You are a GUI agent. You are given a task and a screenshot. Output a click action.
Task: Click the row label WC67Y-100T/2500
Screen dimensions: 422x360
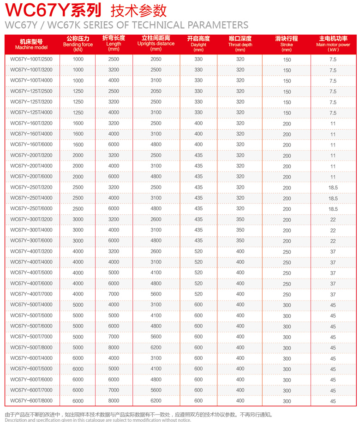coord(31,59)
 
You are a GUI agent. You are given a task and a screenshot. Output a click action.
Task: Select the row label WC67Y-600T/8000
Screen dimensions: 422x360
coord(31,401)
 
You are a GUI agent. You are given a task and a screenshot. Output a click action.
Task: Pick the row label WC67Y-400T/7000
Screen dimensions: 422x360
coord(31,294)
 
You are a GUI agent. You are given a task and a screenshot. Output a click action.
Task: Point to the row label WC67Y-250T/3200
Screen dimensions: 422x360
coord(31,187)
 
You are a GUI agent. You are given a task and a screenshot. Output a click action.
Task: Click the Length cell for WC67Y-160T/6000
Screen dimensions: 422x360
coord(114,144)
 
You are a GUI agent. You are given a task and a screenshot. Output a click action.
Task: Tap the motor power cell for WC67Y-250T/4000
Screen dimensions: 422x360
coord(333,198)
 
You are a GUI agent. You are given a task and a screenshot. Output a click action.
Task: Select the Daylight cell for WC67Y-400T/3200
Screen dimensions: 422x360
coord(198,251)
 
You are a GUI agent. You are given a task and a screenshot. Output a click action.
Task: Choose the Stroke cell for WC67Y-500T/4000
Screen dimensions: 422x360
coord(287,305)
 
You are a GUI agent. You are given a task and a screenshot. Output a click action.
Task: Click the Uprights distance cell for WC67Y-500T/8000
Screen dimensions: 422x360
coord(156,347)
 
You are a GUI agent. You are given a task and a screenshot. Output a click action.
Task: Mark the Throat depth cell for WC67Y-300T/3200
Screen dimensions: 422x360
coord(240,219)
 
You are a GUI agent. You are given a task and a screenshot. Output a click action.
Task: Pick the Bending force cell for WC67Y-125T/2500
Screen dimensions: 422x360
coord(78,91)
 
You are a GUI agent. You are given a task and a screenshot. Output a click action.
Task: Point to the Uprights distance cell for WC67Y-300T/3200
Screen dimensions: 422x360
coord(156,219)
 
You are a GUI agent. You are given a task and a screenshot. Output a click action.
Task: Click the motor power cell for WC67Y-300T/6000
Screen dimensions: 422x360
coord(333,241)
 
